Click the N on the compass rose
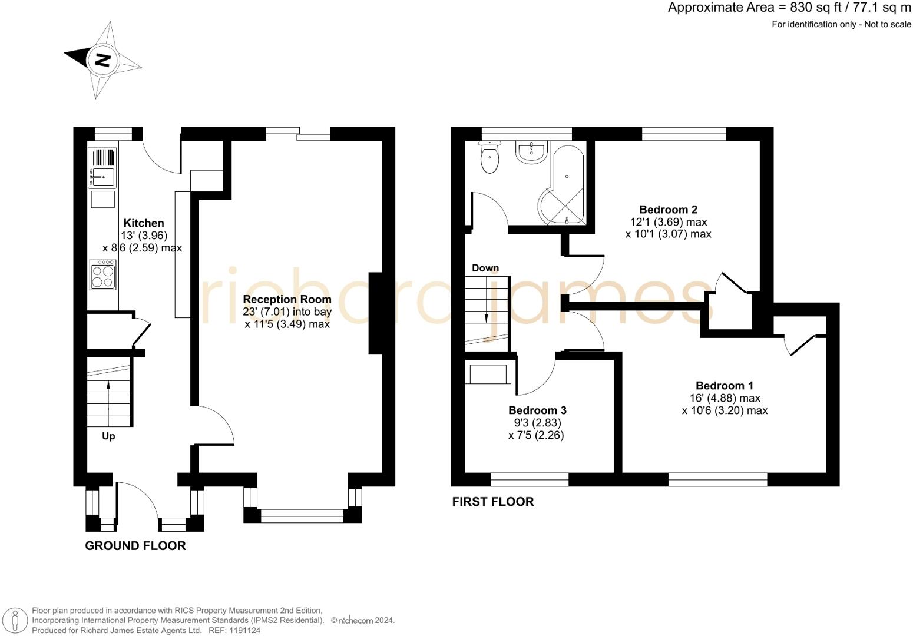pyautogui.click(x=102, y=60)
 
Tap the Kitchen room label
pyautogui.click(x=144, y=223)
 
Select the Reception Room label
pyautogui.click(x=287, y=299)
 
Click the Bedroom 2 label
pyautogui.click(x=668, y=210)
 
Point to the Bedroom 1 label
pyautogui.click(x=725, y=386)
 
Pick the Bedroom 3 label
pyautogui.click(x=537, y=410)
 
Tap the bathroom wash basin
pyautogui.click(x=531, y=153)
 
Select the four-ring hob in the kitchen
pyautogui.click(x=102, y=274)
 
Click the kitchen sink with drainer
pyautogui.click(x=102, y=167)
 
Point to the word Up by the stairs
pyautogui.click(x=108, y=436)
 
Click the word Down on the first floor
pyautogui.click(x=485, y=268)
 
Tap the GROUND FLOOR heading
pyautogui.click(x=135, y=545)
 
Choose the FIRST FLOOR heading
pyautogui.click(x=493, y=502)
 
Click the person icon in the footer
pyautogui.click(x=15, y=621)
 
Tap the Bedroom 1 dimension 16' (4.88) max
pyautogui.click(x=725, y=398)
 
